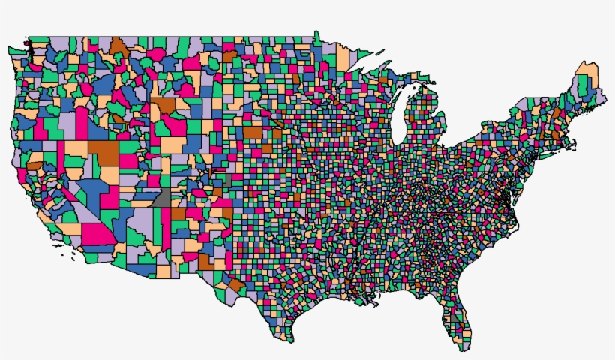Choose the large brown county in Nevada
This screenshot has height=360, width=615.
(106, 150)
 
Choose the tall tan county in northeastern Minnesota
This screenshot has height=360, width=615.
(343, 57)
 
